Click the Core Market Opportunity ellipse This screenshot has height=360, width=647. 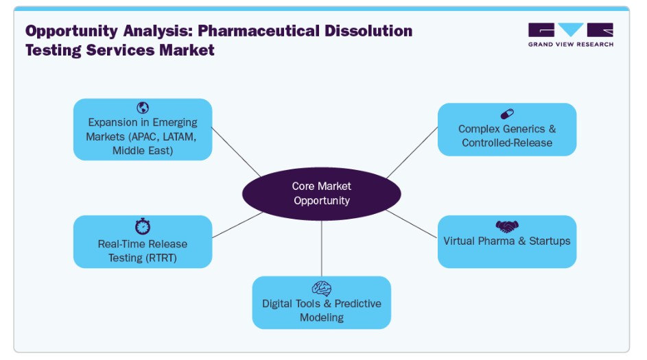tap(321, 193)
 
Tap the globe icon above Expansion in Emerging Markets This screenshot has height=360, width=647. tap(143, 108)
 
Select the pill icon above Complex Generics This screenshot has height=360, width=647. tap(507, 114)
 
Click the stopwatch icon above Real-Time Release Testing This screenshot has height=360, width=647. tap(143, 226)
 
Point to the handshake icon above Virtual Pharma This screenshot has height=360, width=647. tap(507, 226)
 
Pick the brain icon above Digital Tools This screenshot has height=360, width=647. tap(321, 289)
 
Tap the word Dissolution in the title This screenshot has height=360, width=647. tap(368, 31)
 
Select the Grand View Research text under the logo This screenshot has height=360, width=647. tap(571, 44)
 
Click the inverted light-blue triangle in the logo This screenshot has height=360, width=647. tap(571, 29)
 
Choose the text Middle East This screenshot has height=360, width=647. tap(143, 151)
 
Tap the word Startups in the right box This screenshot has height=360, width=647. tap(550, 241)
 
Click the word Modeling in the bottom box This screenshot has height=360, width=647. tap(321, 317)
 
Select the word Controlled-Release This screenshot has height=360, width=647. tap(507, 143)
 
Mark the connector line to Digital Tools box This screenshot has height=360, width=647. tap(321, 248)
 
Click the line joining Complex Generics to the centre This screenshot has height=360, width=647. tap(412, 153)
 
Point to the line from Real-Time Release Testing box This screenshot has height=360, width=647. tap(237, 225)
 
